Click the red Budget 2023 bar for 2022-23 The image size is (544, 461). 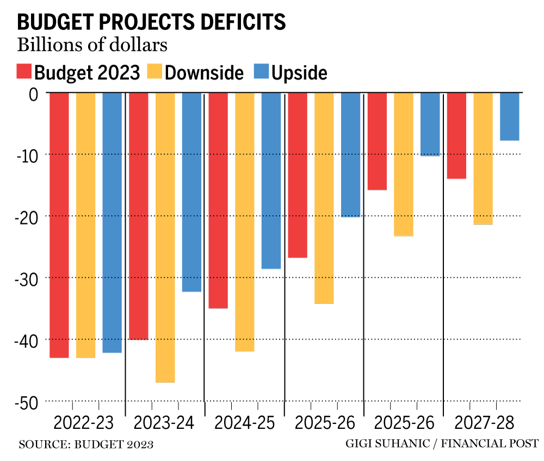point(59,225)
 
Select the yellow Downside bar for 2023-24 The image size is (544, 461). point(165,237)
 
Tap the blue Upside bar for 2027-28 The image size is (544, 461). point(509,116)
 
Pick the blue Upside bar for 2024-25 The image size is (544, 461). point(271,181)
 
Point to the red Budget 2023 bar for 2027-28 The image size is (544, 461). point(456,136)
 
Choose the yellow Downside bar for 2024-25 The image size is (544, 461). point(244,222)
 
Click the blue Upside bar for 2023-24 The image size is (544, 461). point(191,192)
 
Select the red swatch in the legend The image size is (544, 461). point(24,72)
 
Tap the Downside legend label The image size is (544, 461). point(204,72)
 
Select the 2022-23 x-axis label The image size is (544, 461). point(84,423)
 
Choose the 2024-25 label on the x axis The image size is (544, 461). point(244,423)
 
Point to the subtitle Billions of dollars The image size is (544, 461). point(92,45)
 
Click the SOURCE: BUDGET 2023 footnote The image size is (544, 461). point(86,445)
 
